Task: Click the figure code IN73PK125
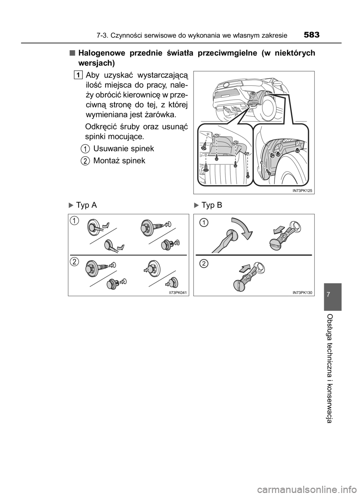click(302, 191)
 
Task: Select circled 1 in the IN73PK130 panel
click(204, 223)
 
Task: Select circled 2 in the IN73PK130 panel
click(204, 263)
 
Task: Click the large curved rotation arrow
click(237, 229)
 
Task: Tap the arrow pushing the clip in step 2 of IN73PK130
click(244, 269)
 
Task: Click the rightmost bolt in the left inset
click(248, 176)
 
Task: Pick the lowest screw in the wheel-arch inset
click(268, 172)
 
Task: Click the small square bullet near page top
click(72, 53)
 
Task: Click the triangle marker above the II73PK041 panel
click(70, 206)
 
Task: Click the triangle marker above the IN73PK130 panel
click(196, 206)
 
